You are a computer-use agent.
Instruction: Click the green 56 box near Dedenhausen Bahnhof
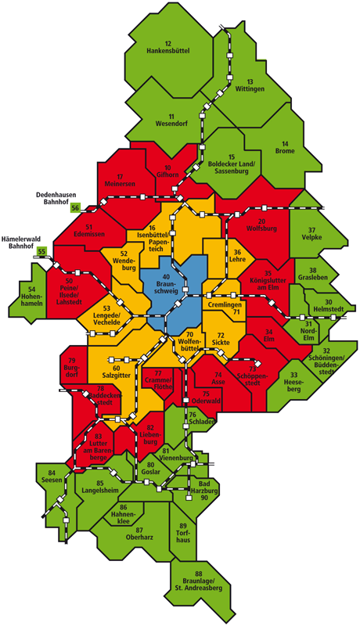(x=76, y=207)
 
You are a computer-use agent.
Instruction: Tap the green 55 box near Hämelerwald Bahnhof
(x=42, y=251)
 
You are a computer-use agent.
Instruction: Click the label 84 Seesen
(x=52, y=477)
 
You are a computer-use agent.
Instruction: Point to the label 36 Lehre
(x=237, y=257)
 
